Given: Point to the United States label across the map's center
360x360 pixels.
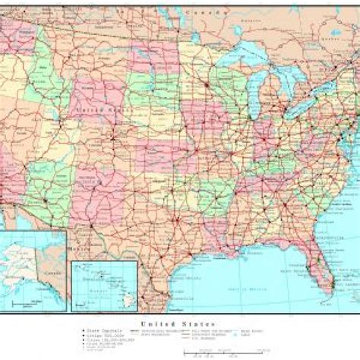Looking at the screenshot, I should tap(99, 111).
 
